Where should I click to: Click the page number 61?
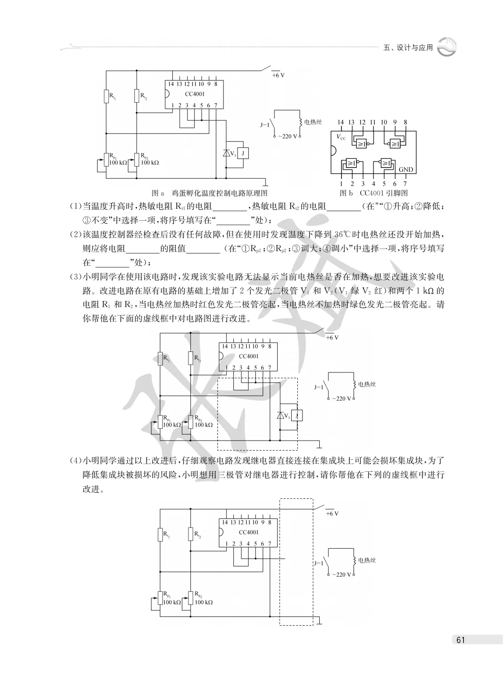coord(461,640)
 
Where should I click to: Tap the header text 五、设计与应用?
coord(408,48)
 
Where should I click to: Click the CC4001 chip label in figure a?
coord(195,94)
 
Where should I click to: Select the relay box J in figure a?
coord(243,153)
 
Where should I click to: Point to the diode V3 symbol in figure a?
coord(227,153)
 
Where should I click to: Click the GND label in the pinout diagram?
coord(406,169)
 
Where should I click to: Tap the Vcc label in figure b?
coord(341,137)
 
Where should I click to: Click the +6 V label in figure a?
coord(278,75)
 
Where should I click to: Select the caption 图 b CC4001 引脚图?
coord(373,193)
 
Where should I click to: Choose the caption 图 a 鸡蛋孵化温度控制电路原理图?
coord(210,193)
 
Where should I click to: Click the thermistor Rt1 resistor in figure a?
coord(106,96)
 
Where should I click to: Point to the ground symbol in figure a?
coord(266,183)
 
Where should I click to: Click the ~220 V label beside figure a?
coord(287,137)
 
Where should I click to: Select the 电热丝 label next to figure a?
coord(313,122)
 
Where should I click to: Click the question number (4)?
coord(76,461)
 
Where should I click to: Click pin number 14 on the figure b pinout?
coord(341,122)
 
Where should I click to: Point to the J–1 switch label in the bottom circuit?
coord(319,563)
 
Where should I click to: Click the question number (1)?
coord(76,206)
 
